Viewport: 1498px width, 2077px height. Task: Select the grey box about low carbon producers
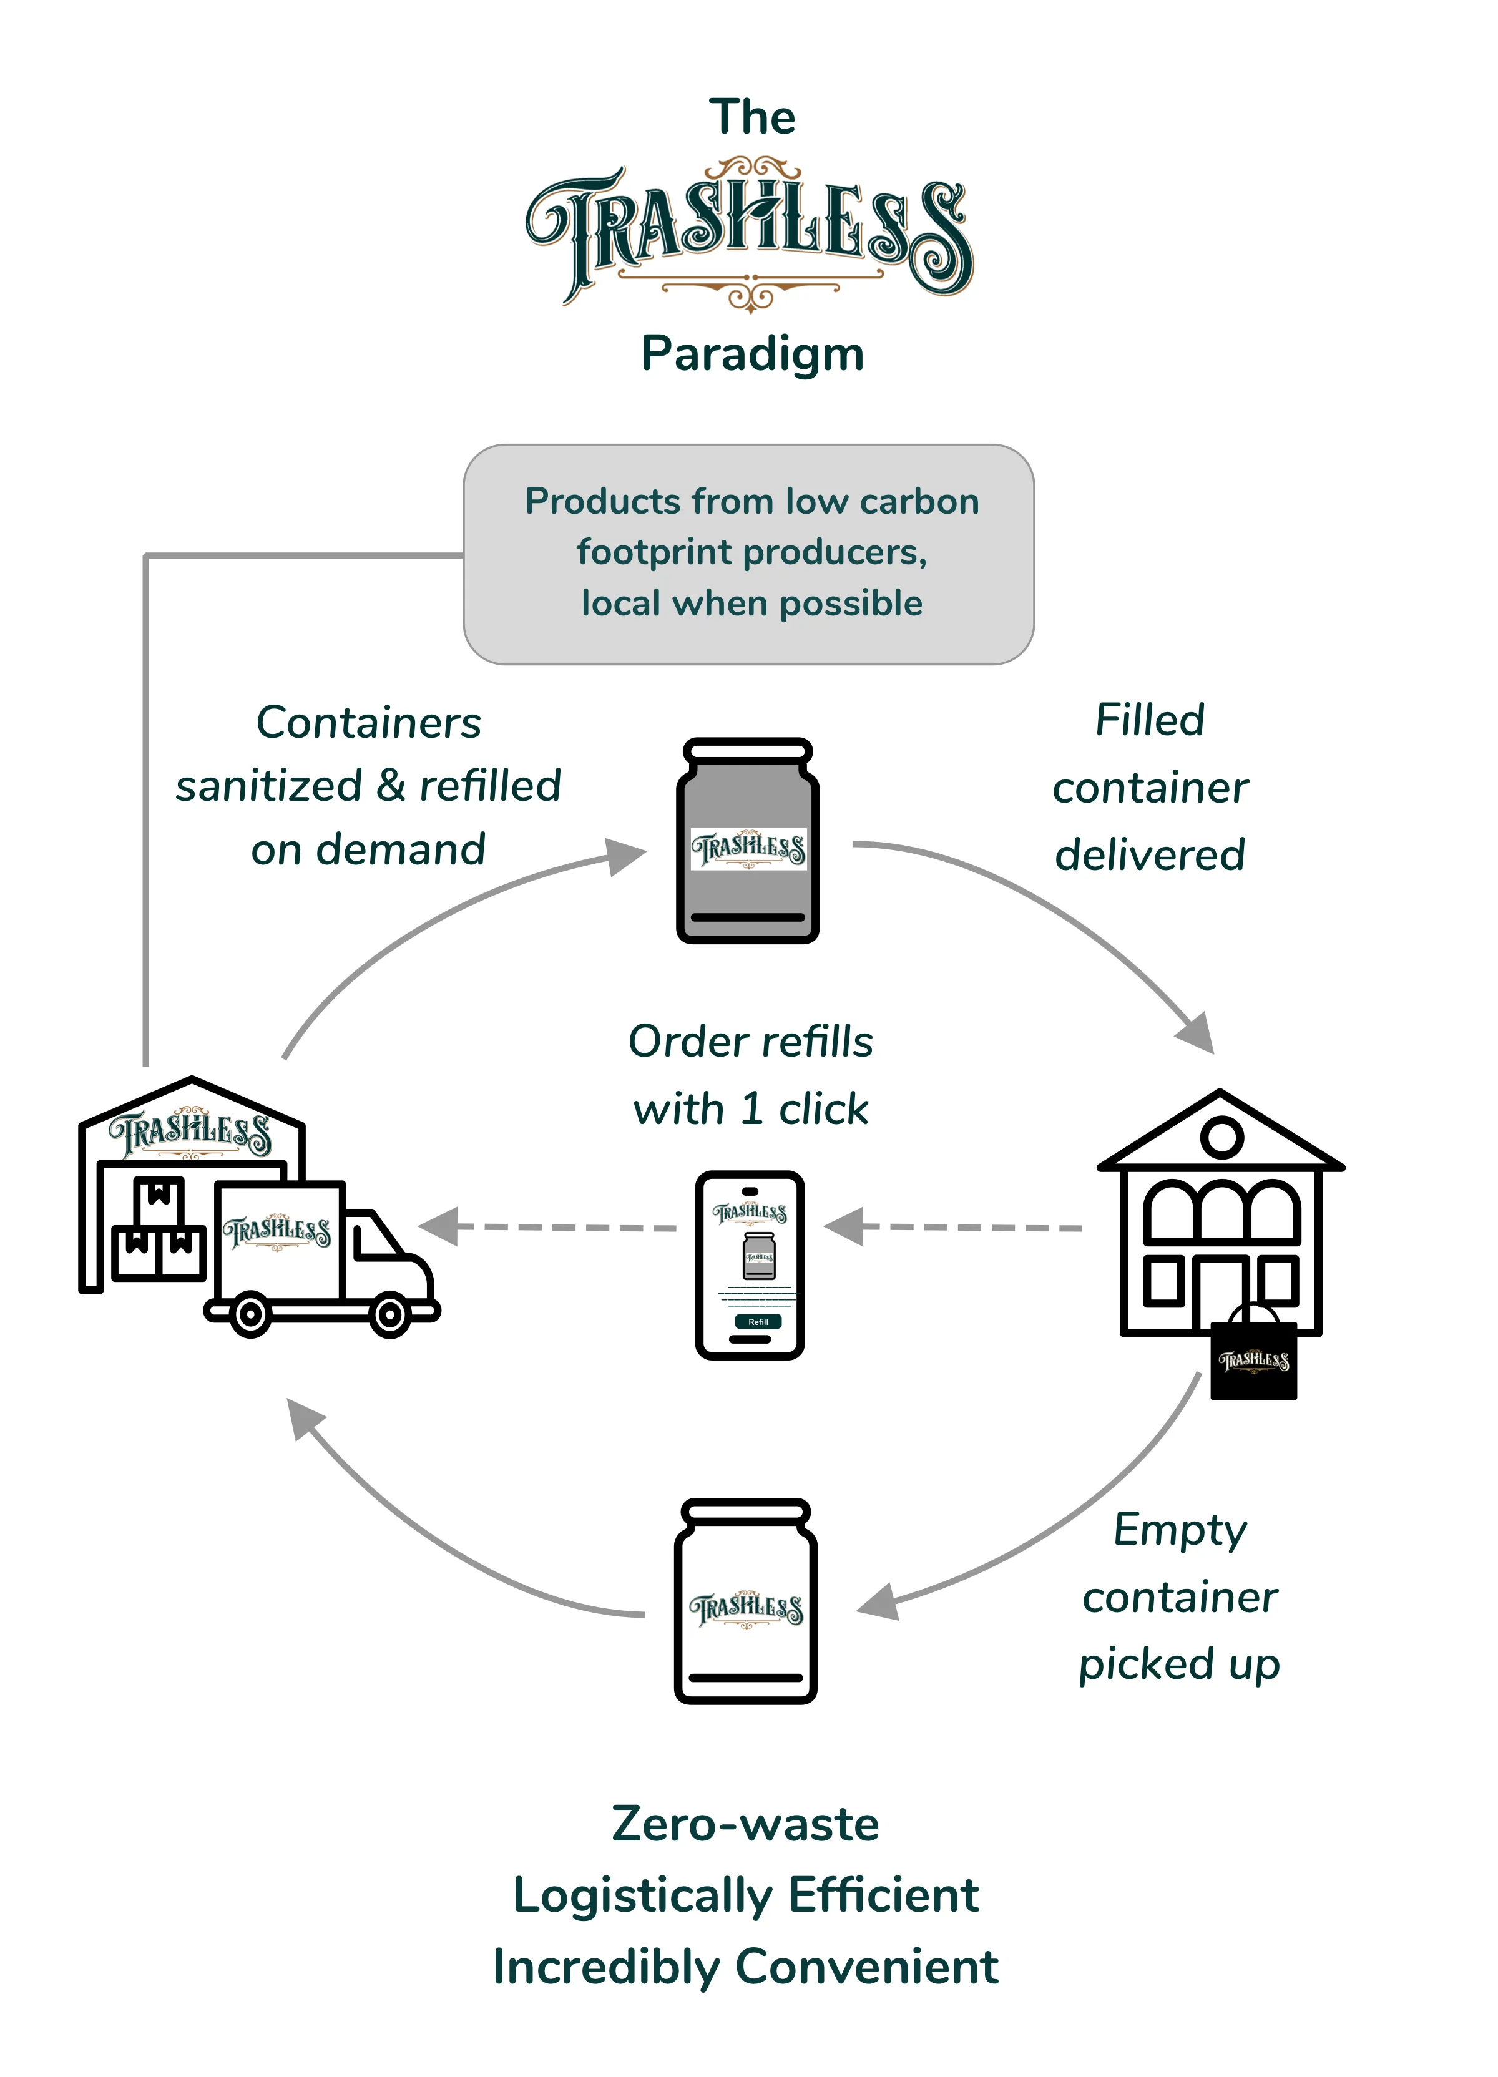[748, 554]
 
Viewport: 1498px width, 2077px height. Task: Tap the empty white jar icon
[745, 1601]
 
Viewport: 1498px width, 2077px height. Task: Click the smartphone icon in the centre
[750, 1264]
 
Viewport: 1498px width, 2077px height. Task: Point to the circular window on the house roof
[1221, 1137]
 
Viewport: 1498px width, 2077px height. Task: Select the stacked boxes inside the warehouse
[157, 1228]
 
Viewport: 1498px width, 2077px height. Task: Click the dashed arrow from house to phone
[953, 1227]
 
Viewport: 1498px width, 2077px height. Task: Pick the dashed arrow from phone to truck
[547, 1227]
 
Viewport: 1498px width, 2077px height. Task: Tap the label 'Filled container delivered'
[1150, 786]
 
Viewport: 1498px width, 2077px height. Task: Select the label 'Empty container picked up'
[1179, 1596]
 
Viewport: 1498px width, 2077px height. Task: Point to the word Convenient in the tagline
[866, 1967]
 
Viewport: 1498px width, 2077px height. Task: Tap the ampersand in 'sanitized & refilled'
[390, 786]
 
